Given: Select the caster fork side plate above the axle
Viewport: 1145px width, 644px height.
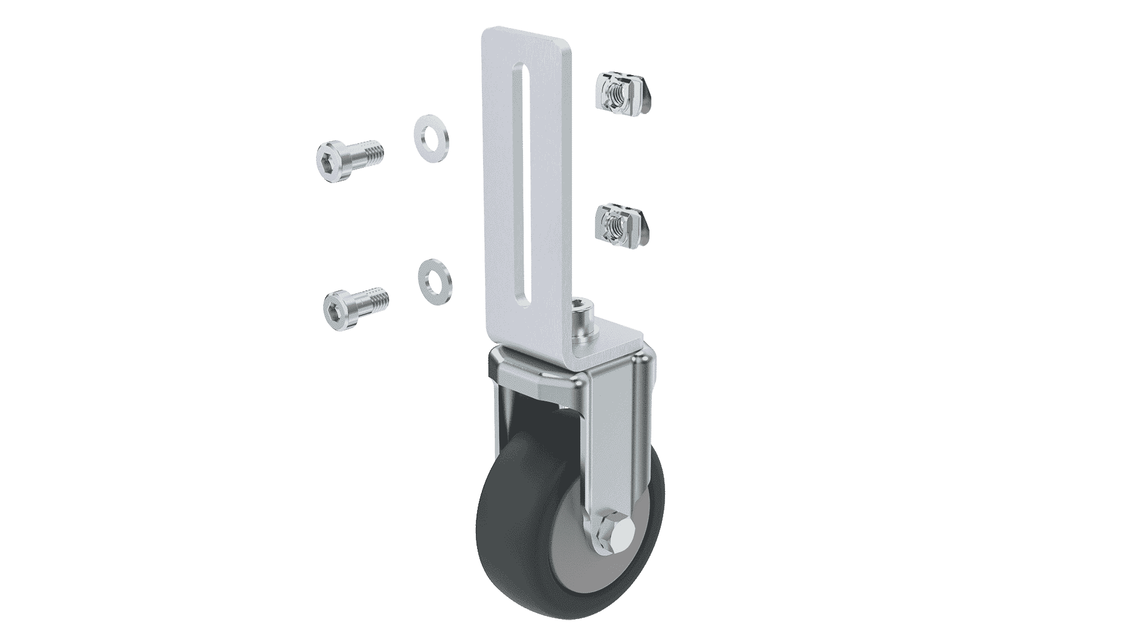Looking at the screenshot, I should click(614, 429).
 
